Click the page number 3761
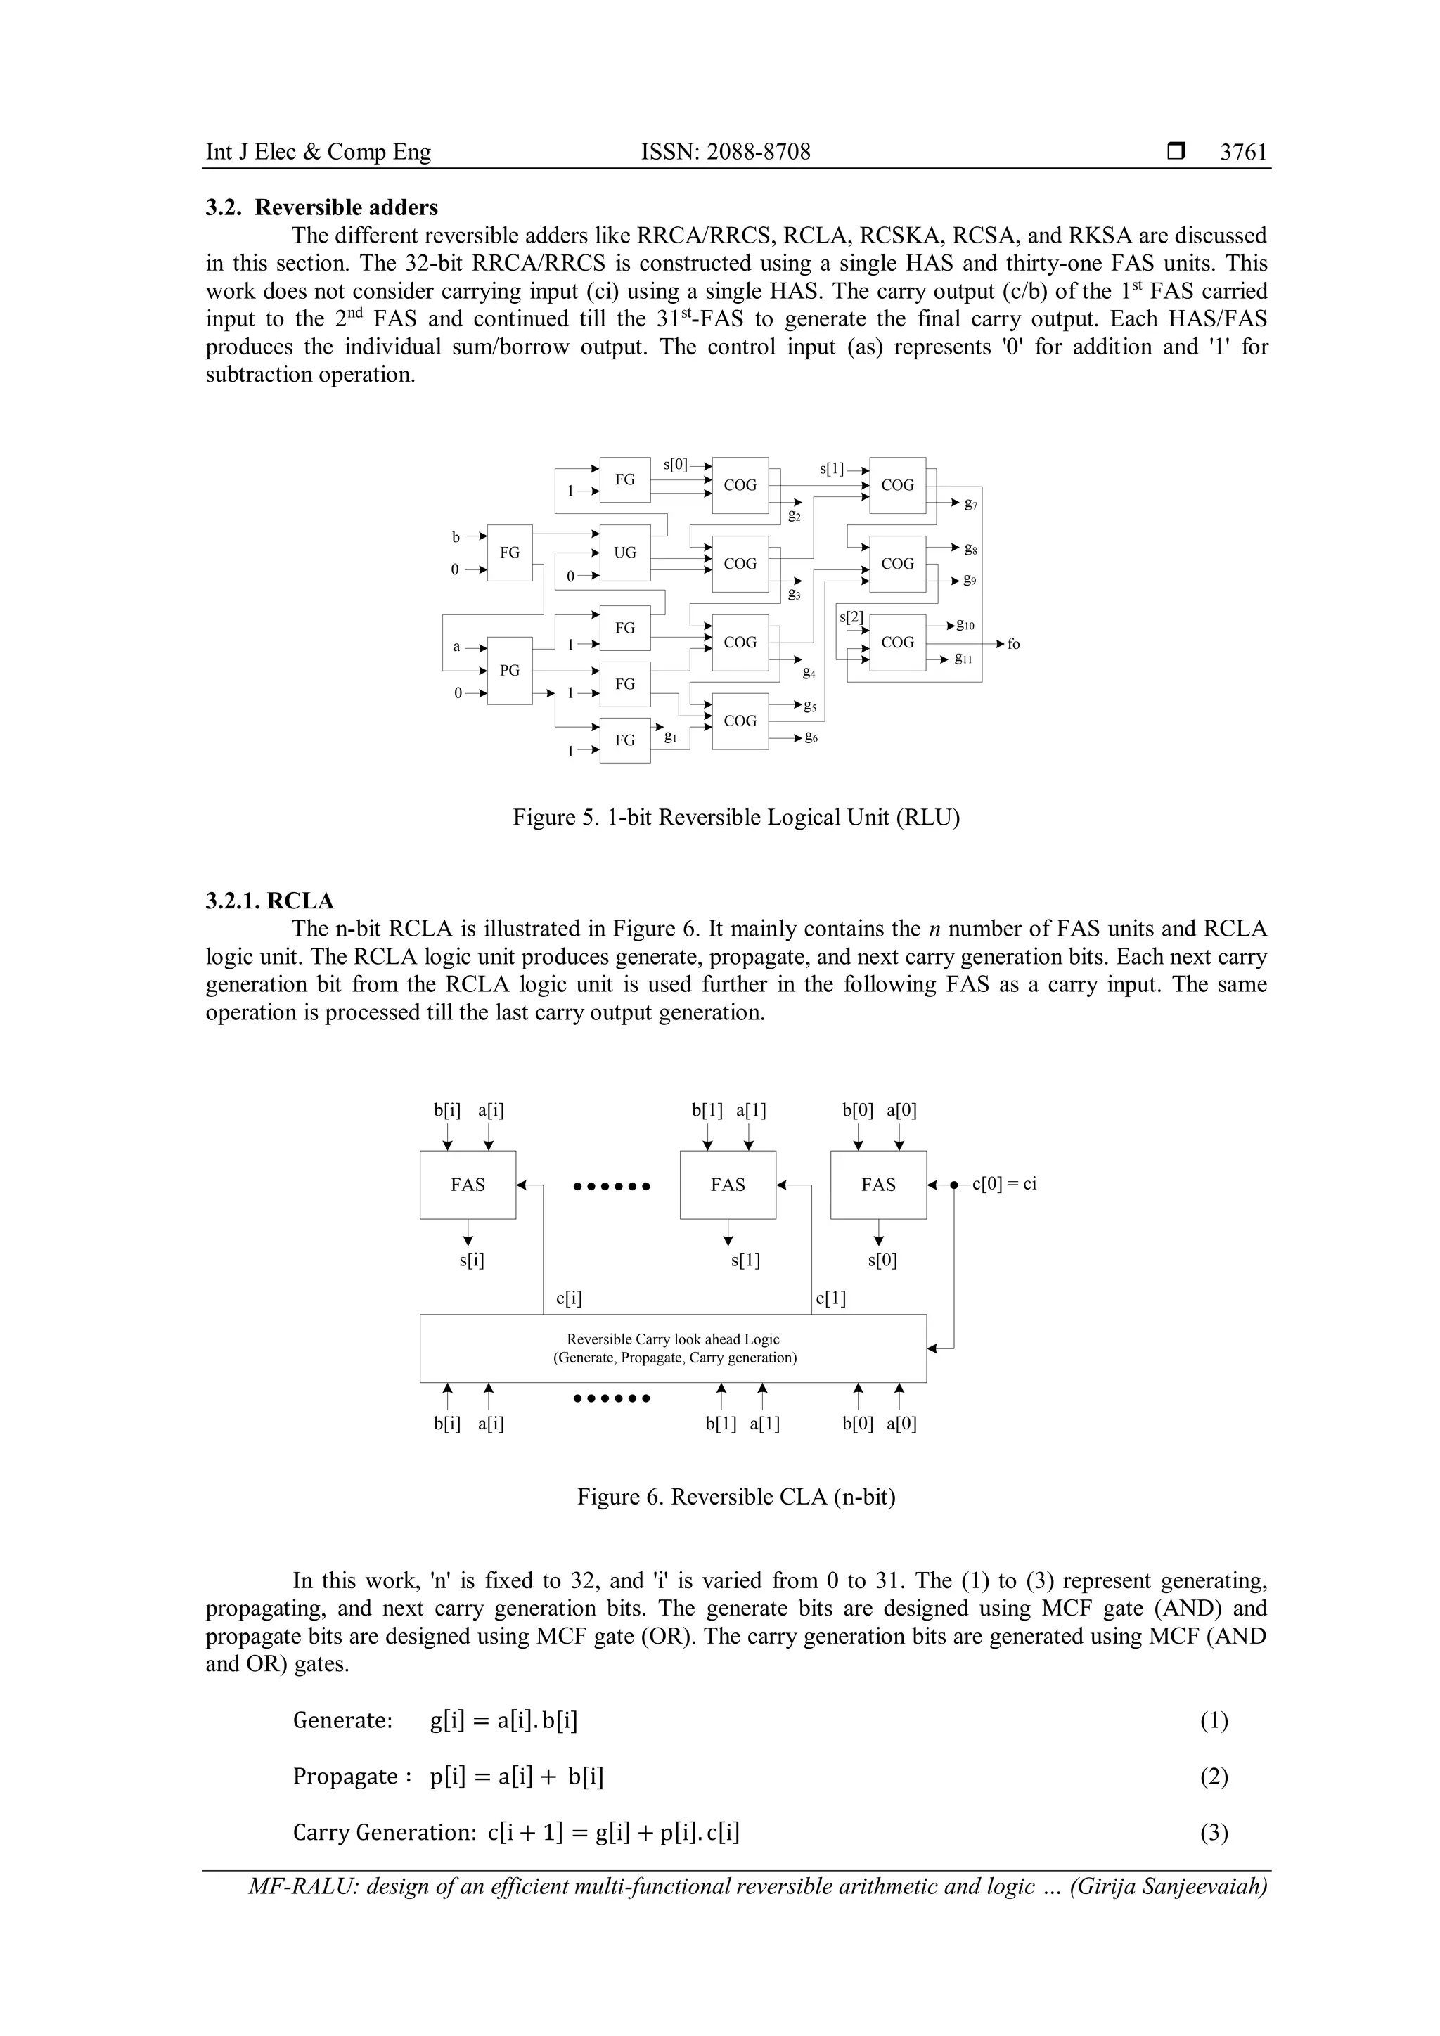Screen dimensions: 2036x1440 click(1243, 152)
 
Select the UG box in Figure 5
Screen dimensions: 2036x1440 click(625, 553)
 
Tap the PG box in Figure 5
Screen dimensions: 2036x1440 click(510, 671)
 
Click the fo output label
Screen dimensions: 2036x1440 click(1013, 644)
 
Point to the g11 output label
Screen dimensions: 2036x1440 click(964, 659)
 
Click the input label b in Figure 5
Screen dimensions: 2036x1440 click(456, 536)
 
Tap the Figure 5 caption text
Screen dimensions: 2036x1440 click(736, 817)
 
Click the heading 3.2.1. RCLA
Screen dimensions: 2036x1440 click(269, 901)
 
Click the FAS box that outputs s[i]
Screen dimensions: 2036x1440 click(468, 1185)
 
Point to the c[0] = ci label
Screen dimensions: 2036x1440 click(1004, 1184)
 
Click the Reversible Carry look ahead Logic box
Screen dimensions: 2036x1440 click(673, 1348)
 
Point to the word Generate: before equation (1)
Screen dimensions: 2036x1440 click(342, 1720)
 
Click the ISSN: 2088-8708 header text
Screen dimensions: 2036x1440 click(726, 152)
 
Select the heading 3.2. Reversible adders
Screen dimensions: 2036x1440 click(322, 207)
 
